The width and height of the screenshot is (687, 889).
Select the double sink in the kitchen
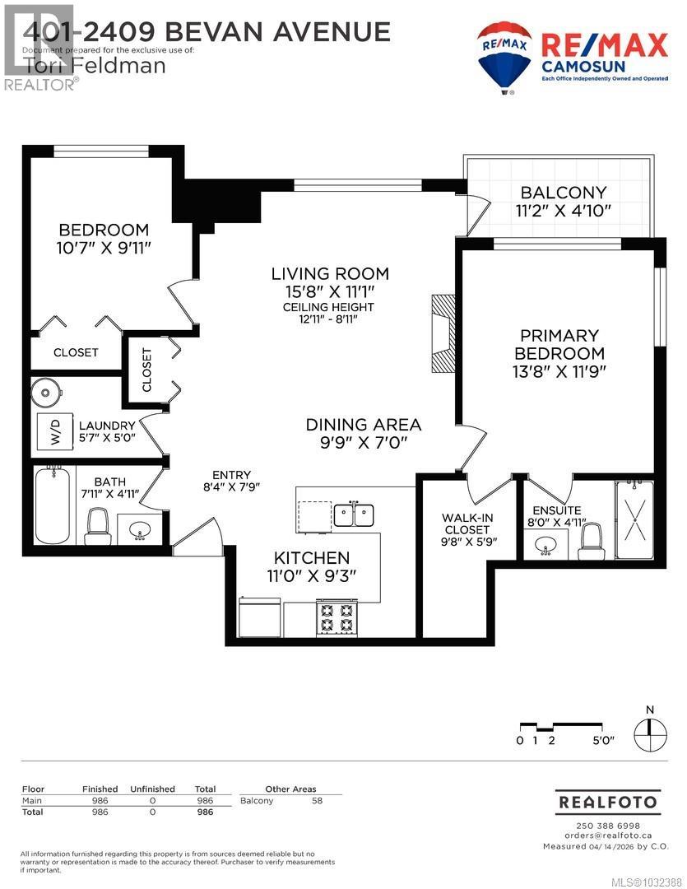click(x=353, y=514)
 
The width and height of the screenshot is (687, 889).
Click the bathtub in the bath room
click(x=53, y=505)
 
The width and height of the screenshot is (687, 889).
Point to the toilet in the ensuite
click(x=592, y=537)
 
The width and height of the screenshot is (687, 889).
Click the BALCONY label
click(x=563, y=192)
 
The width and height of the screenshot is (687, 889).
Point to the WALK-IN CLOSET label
click(x=467, y=523)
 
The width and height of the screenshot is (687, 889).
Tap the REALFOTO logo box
click(x=607, y=801)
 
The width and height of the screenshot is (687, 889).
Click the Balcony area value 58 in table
click(x=317, y=800)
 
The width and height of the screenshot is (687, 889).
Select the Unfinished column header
click(x=152, y=789)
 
